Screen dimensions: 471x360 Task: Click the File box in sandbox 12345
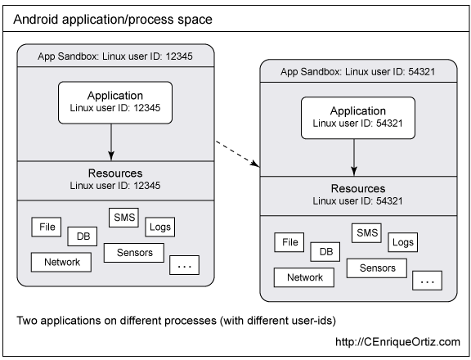click(x=47, y=227)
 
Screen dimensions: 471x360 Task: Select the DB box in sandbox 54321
click(x=325, y=252)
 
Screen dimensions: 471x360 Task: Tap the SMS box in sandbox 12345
click(x=123, y=218)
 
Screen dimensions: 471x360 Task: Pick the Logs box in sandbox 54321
click(x=403, y=242)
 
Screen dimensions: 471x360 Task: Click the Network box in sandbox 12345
click(x=61, y=263)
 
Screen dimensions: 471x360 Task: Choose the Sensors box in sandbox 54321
click(x=377, y=268)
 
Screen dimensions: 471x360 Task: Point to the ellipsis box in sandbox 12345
click(x=185, y=265)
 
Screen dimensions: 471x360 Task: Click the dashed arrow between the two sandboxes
click(x=237, y=153)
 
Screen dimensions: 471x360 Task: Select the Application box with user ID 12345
click(x=115, y=102)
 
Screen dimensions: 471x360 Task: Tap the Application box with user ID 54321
click(x=358, y=118)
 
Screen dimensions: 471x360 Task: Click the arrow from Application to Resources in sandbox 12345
click(x=111, y=142)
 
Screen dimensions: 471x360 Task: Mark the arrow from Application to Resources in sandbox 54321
click(x=354, y=157)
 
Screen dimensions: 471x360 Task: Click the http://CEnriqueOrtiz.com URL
click(x=397, y=342)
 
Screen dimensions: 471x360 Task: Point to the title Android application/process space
click(x=113, y=20)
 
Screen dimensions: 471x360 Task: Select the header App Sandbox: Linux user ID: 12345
click(x=115, y=56)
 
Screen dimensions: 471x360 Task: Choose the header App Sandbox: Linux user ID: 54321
click(x=358, y=71)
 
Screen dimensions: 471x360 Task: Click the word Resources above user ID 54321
click(x=358, y=188)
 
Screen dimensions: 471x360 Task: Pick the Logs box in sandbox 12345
click(x=159, y=227)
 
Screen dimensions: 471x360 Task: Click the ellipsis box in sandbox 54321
click(x=427, y=281)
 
